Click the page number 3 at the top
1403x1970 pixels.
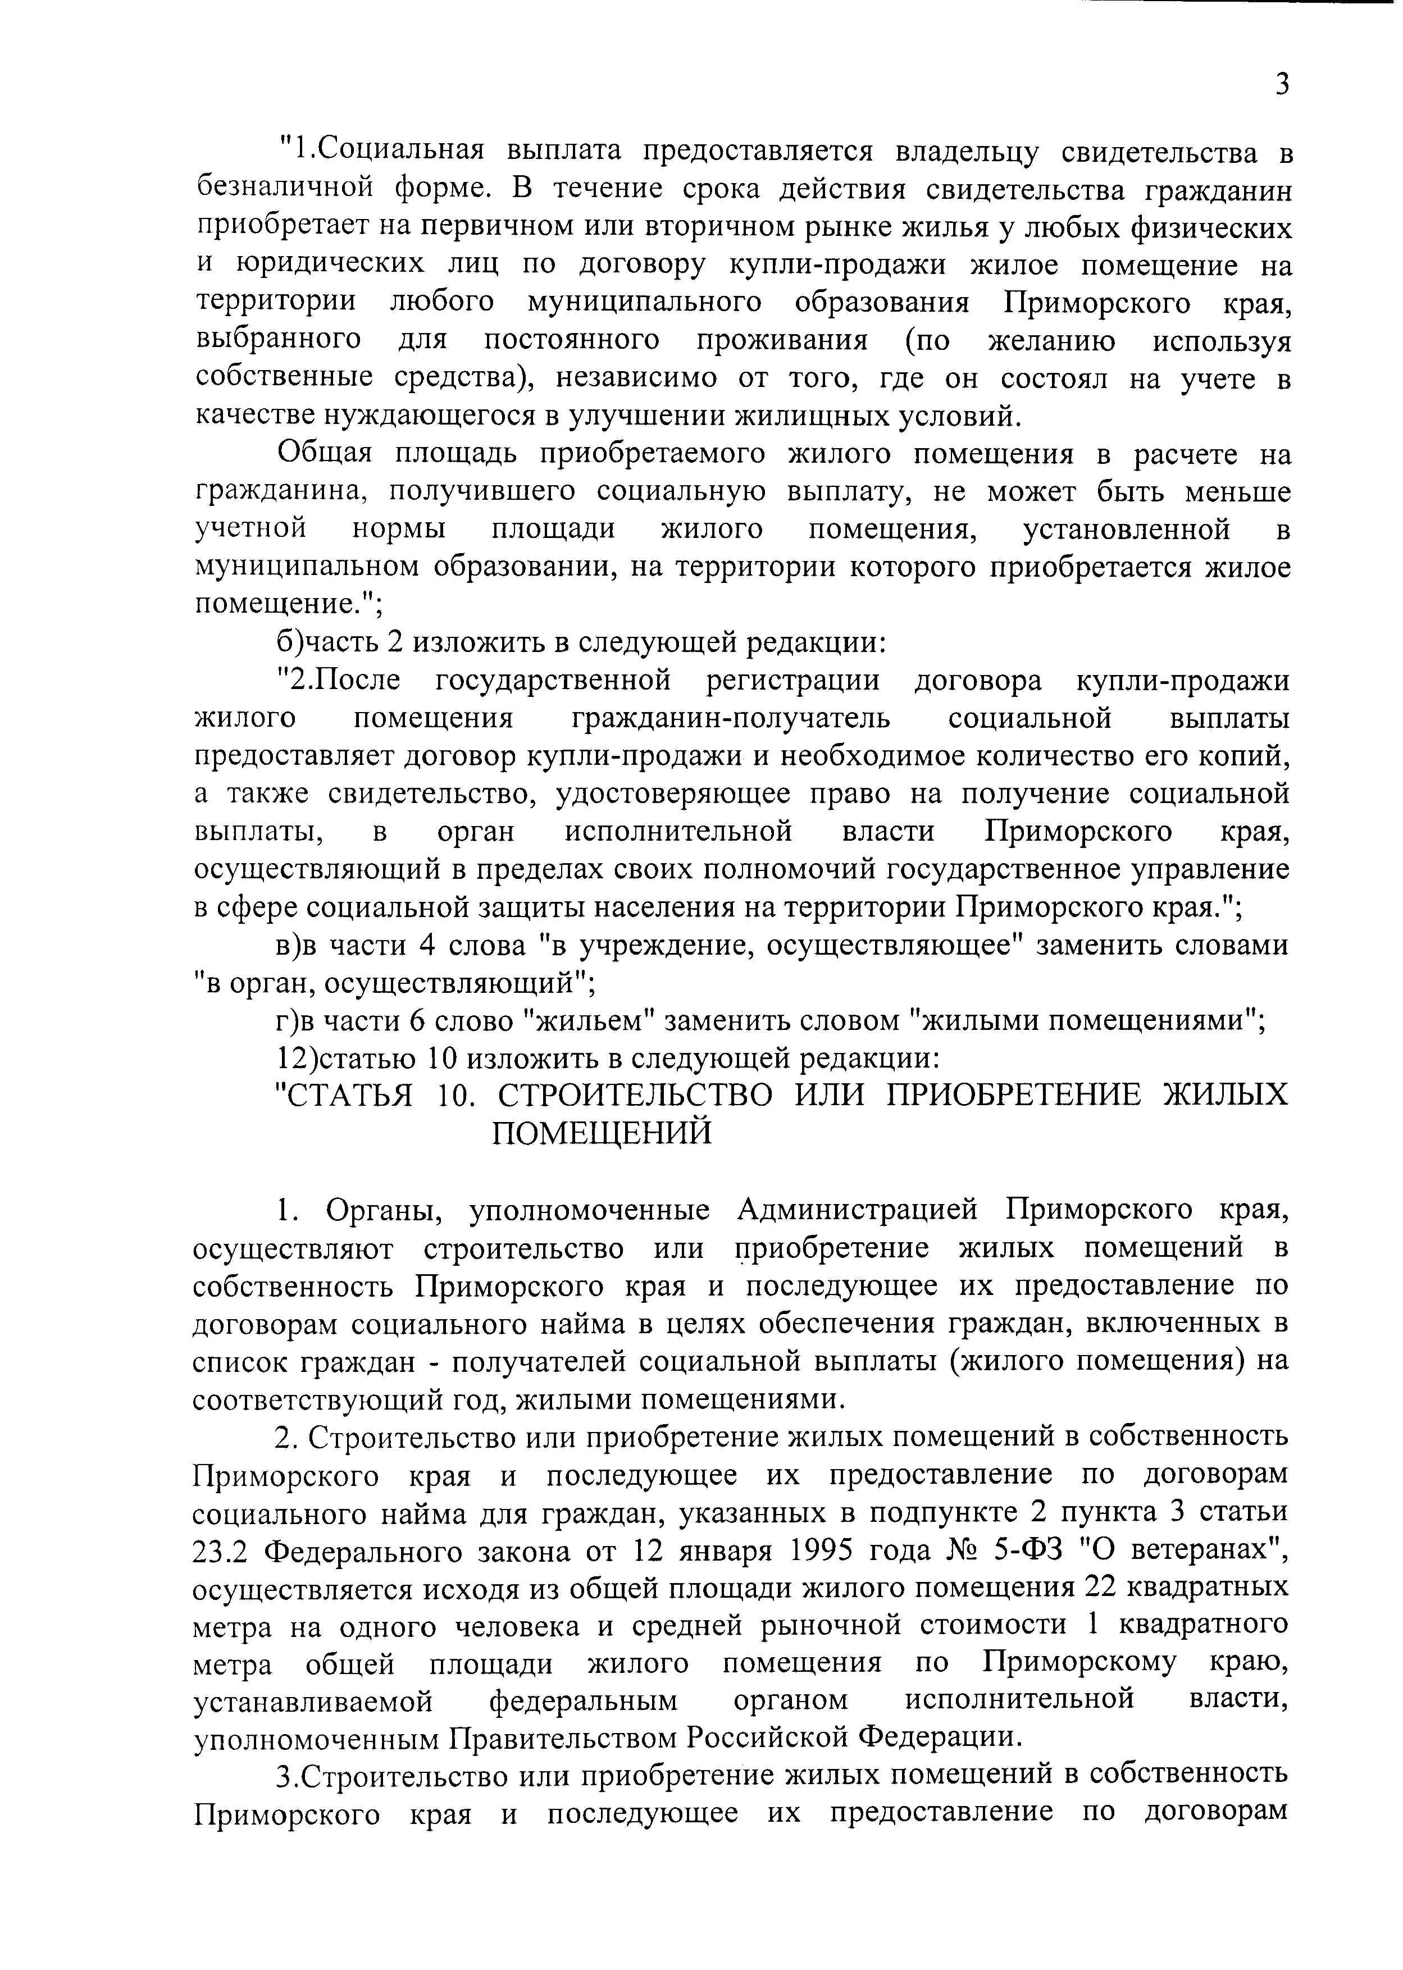pos(1282,85)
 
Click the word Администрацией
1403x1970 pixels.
pos(858,1210)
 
